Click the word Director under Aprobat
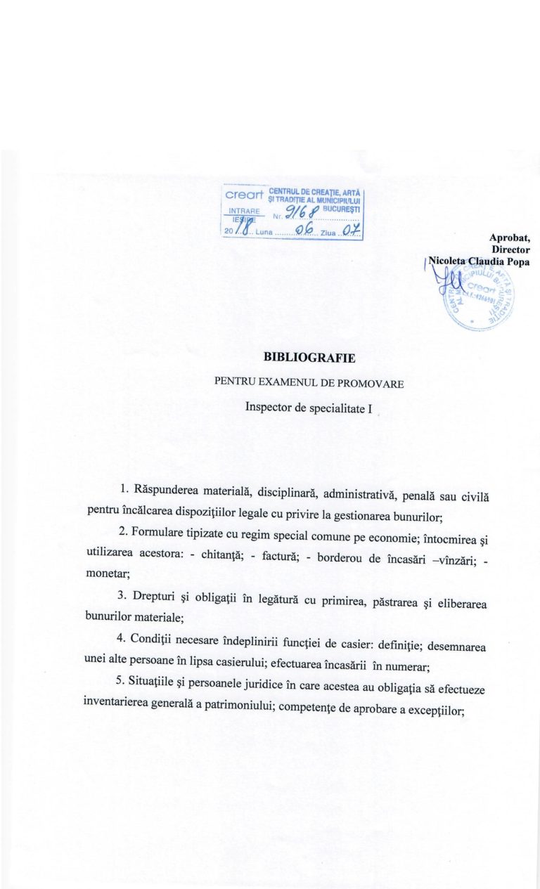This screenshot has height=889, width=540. tap(511, 249)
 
